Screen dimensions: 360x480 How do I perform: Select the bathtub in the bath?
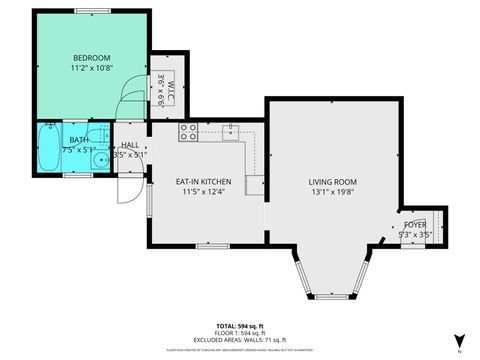(49, 155)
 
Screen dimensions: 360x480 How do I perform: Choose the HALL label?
(131, 145)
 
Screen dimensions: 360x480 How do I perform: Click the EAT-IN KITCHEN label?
(203, 181)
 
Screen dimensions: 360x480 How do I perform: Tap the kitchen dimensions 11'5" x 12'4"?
(203, 192)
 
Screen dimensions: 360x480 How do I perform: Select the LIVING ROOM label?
(332, 181)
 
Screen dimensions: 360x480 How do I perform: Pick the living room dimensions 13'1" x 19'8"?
(332, 193)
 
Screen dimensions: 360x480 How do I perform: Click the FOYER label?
(415, 225)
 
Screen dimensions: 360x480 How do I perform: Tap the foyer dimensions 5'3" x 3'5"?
(415, 236)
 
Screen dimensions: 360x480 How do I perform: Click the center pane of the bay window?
(331, 297)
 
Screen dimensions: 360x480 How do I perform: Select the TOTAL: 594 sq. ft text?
(240, 326)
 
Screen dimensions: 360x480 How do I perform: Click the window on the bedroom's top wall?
(91, 11)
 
